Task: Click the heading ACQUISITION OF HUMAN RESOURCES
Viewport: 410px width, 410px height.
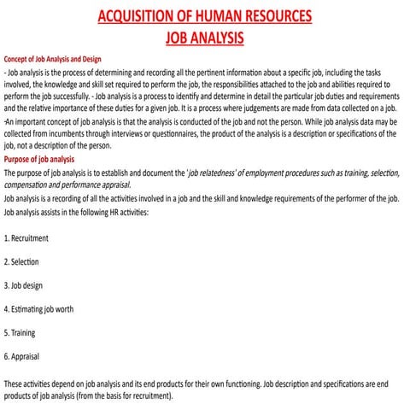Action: pyautogui.click(x=204, y=16)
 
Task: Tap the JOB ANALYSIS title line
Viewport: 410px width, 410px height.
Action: pyautogui.click(x=204, y=38)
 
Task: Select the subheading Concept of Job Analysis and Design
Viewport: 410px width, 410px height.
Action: pyautogui.click(x=54, y=59)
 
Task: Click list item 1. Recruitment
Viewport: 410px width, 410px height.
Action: pyautogui.click(x=26, y=237)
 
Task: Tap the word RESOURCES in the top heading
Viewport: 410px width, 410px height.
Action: pyautogui.click(x=277, y=16)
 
